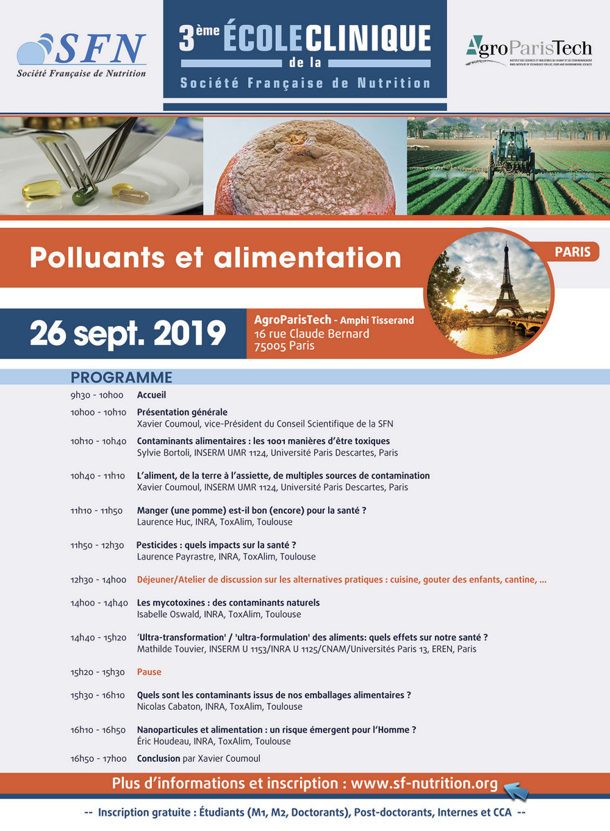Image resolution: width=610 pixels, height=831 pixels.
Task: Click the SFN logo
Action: coord(81,55)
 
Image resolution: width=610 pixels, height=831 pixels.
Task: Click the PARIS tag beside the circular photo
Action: coord(573,251)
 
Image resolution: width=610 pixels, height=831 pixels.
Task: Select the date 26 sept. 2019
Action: coord(128,333)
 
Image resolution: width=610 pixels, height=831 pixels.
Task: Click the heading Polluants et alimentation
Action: coord(215,258)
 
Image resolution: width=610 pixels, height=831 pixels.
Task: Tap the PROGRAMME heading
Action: coord(121,377)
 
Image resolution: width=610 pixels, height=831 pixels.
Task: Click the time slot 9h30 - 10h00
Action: coord(96,395)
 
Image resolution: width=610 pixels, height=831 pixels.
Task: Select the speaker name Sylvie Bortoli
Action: coord(164,453)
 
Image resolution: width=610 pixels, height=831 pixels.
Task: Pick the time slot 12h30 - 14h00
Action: coord(98,580)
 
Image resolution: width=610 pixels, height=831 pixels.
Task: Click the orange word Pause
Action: coord(149,672)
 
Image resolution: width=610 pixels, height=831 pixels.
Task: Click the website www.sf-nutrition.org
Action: coord(424,783)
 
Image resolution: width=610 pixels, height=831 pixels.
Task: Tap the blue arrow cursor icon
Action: coord(516,789)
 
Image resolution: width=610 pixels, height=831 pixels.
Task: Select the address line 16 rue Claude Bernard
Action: coord(312,334)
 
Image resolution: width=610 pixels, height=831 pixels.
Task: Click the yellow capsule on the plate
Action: coord(42,189)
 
